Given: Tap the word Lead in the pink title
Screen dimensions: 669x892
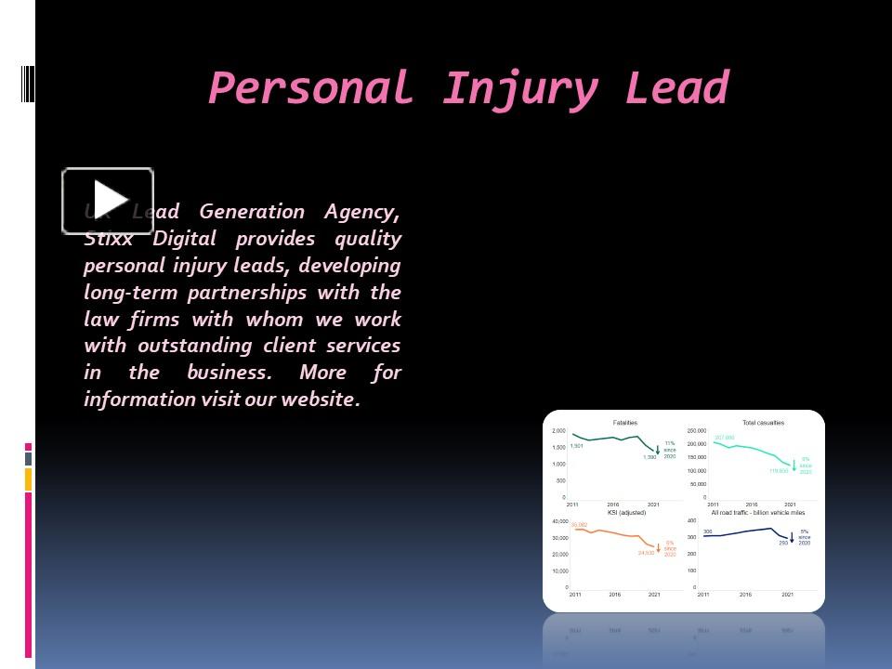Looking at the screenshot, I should click(x=677, y=89).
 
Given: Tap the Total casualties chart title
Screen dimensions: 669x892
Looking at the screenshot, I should click(x=763, y=423).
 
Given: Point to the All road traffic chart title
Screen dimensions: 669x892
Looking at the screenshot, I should click(x=758, y=512).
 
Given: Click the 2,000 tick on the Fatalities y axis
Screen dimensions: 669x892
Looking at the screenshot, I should click(x=558, y=431).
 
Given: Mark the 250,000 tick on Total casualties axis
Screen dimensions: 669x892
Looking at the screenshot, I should click(x=697, y=431).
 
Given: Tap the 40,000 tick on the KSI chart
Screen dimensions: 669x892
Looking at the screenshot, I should click(x=559, y=521).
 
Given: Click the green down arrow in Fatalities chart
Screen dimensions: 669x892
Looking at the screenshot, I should click(x=659, y=449).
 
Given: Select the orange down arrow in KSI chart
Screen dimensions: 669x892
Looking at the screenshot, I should click(x=659, y=546).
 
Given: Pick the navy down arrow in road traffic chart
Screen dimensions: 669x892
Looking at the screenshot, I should click(x=793, y=537).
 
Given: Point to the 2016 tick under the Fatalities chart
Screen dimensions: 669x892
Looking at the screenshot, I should click(x=613, y=505).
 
